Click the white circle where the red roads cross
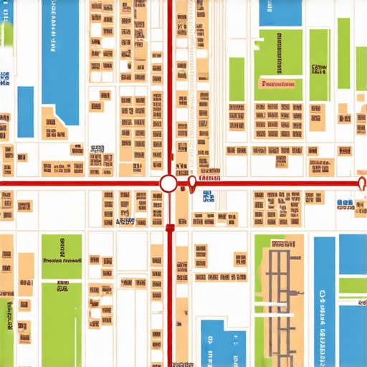168,184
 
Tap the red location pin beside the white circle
191,185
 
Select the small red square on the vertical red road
170,228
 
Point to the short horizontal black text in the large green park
319,69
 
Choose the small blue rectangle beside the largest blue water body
25,110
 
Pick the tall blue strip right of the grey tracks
324,301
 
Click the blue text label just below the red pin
207,197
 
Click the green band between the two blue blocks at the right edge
352,286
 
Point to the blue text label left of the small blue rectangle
6,79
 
